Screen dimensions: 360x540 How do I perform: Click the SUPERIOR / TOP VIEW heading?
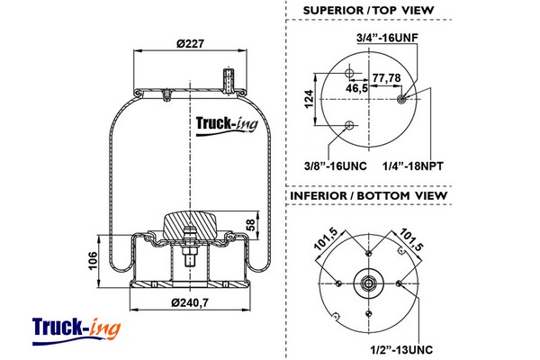[370, 11]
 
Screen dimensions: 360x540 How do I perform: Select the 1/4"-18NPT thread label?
[413, 166]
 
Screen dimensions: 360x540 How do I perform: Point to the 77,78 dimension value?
[387, 77]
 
